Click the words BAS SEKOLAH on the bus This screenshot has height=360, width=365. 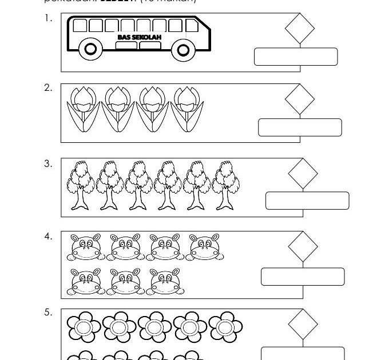(138, 37)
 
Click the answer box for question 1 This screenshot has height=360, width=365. (296, 57)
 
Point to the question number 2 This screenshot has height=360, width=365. (48, 87)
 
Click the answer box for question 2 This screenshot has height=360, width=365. (300, 127)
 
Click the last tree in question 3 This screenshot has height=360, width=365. (225, 183)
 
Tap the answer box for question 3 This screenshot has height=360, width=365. (307, 201)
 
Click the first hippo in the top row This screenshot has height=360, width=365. (86, 246)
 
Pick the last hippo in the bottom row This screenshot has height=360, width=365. (165, 281)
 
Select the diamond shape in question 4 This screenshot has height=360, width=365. (303, 246)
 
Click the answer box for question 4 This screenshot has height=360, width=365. (303, 276)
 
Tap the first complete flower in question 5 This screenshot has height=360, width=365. (84, 326)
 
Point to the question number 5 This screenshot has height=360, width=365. (48, 313)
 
